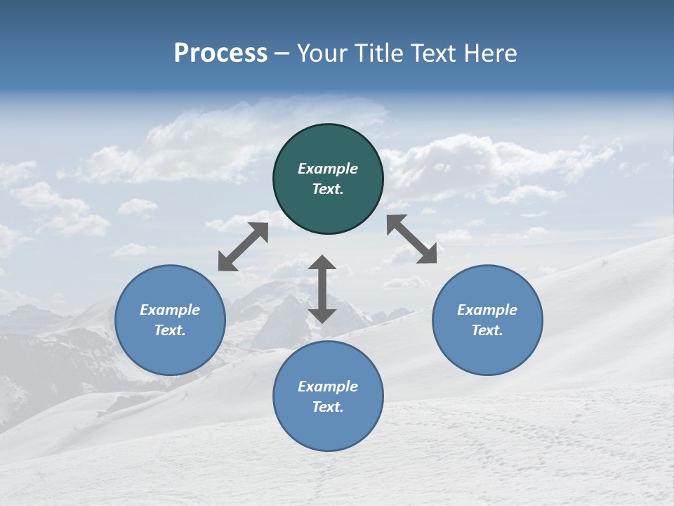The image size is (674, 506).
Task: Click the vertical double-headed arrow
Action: pyautogui.click(x=322, y=289)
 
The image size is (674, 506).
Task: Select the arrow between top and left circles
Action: pyautogui.click(x=243, y=247)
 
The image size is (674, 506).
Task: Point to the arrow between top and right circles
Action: pyautogui.click(x=411, y=239)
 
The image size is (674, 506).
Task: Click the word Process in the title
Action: pyautogui.click(x=220, y=53)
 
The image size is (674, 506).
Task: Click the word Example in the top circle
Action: pyautogui.click(x=328, y=169)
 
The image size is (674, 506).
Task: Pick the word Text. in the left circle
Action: pyautogui.click(x=170, y=330)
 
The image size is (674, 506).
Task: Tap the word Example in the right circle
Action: pyautogui.click(x=487, y=310)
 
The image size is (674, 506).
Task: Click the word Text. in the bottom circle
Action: pyautogui.click(x=328, y=407)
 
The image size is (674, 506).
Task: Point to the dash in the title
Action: pyautogui.click(x=282, y=54)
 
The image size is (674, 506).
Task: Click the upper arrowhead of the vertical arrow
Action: pyautogui.click(x=322, y=263)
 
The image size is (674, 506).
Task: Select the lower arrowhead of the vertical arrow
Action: pyautogui.click(x=322, y=315)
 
